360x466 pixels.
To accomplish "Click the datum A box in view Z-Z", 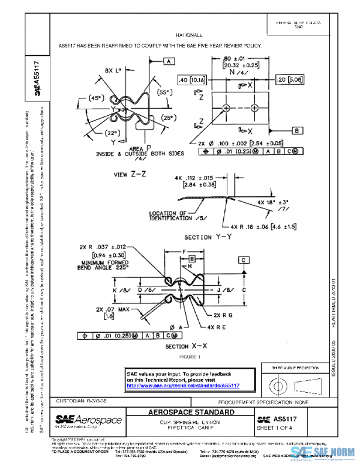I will [x=169, y=61].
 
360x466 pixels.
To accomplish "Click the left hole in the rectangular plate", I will [x=226, y=108].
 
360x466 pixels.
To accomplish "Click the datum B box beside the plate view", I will [x=298, y=130].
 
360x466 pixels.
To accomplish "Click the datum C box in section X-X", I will [x=244, y=259].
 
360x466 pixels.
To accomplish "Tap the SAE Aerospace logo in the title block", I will [x=88, y=419].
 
